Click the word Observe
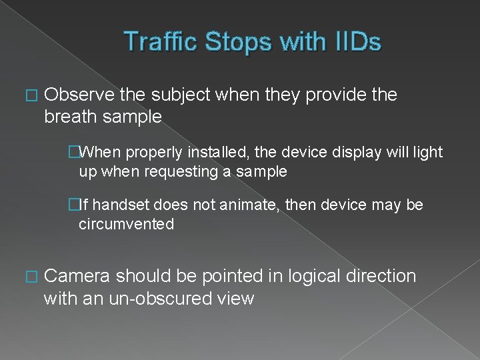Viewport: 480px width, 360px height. [79, 95]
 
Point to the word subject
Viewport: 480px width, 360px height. [183, 95]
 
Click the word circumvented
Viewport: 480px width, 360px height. [127, 224]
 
